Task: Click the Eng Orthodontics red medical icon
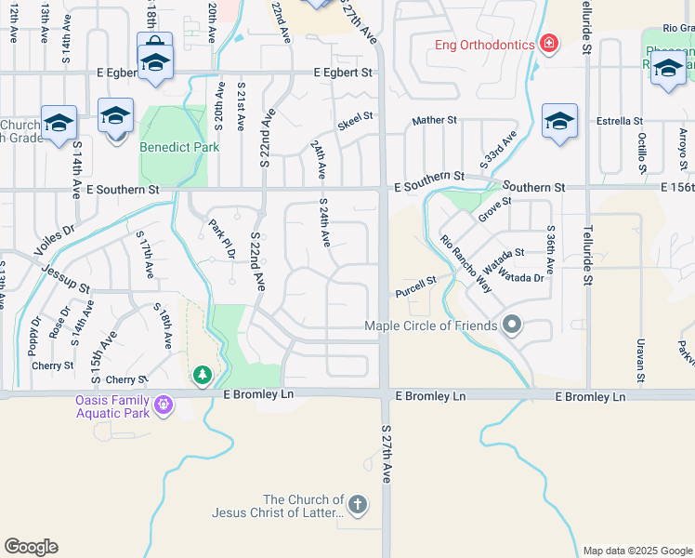[x=549, y=45]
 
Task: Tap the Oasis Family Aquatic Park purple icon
[x=164, y=405]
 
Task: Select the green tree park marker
[x=202, y=376]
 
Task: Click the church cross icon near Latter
[x=358, y=506]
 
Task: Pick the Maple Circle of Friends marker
[x=512, y=325]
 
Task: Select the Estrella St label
[x=620, y=121]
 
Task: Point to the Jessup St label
[x=64, y=277]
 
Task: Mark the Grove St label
[x=494, y=208]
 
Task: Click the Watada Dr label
[x=522, y=276]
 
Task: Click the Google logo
[x=31, y=547]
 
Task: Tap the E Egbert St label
[x=342, y=73]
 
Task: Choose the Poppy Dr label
[x=35, y=336]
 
